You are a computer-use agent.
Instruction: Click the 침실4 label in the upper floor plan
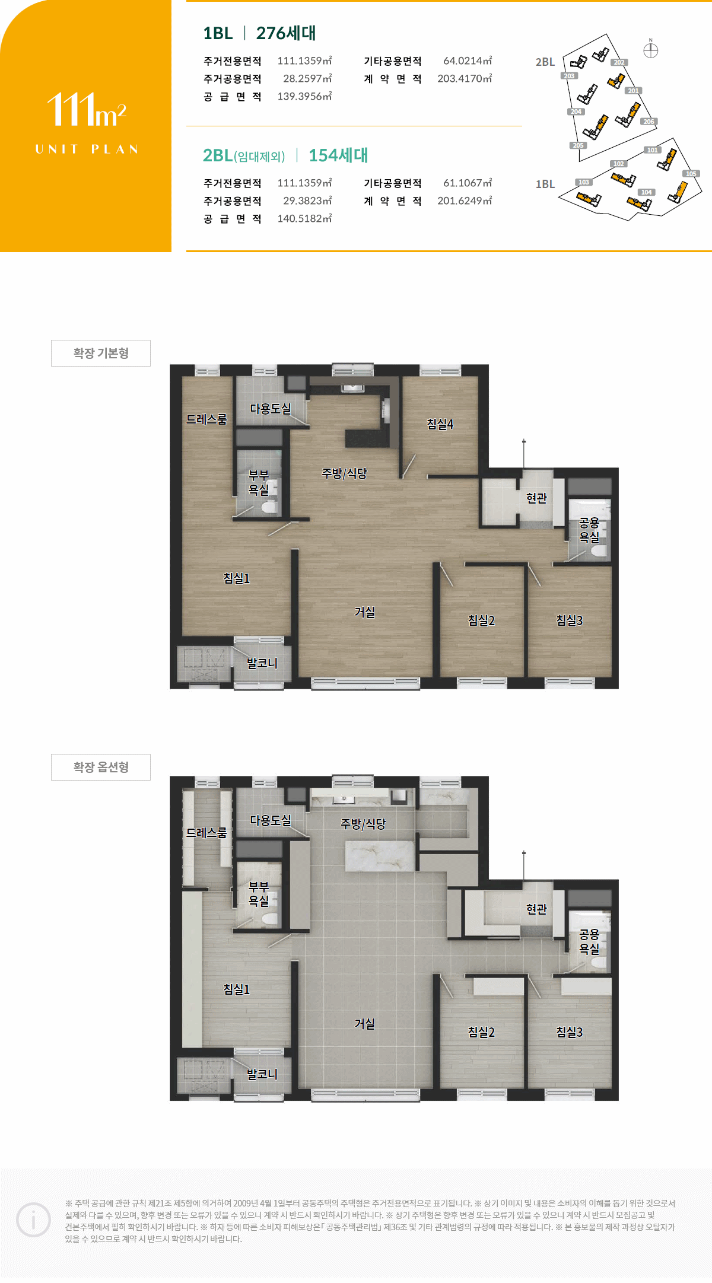click(x=440, y=424)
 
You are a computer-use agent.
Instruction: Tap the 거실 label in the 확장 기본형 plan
click(x=364, y=612)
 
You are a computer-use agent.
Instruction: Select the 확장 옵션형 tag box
click(x=101, y=767)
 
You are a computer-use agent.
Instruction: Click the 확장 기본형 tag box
click(x=101, y=353)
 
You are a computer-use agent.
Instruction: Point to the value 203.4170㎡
click(x=465, y=78)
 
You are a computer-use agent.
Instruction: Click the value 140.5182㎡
click(x=304, y=218)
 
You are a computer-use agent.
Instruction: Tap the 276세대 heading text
click(x=286, y=33)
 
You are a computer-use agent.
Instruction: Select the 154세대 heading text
click(x=338, y=155)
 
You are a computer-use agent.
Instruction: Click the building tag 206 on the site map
click(x=649, y=122)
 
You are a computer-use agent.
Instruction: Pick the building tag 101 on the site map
click(x=653, y=150)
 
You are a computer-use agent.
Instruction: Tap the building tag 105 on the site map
click(x=691, y=174)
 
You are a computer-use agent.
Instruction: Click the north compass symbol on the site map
click(x=651, y=50)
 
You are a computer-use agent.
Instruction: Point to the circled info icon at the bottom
click(x=33, y=1220)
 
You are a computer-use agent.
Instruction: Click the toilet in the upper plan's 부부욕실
click(x=269, y=507)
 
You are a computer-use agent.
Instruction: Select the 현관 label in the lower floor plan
click(x=536, y=909)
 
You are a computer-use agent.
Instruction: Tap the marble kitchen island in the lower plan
click(x=380, y=856)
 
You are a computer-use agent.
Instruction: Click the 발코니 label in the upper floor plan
click(x=262, y=663)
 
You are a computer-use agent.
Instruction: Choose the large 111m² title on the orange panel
click(x=87, y=110)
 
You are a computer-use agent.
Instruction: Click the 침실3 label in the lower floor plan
click(x=569, y=1032)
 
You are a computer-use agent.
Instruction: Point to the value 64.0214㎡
click(x=468, y=61)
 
